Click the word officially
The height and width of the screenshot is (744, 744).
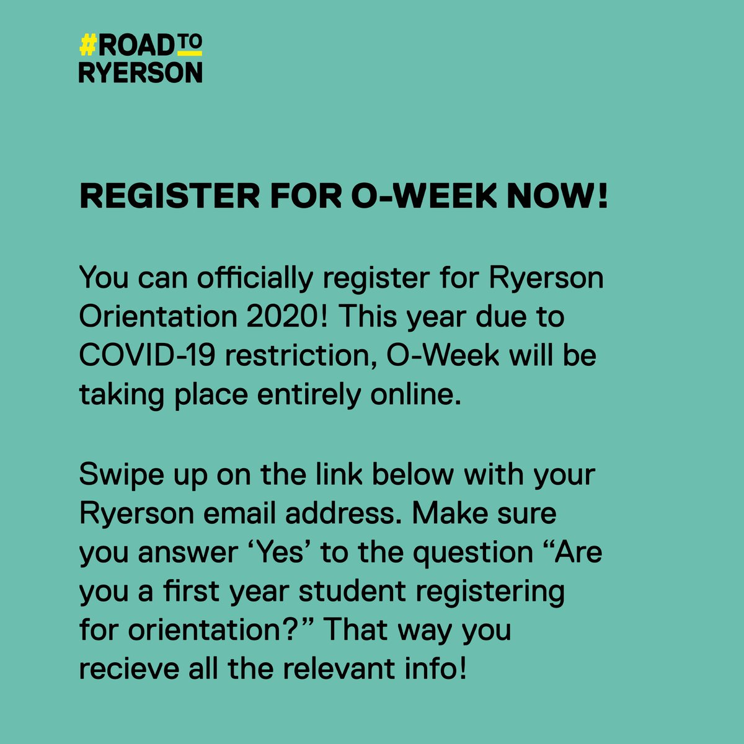[x=255, y=278]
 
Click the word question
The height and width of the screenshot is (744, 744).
[x=472, y=552]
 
